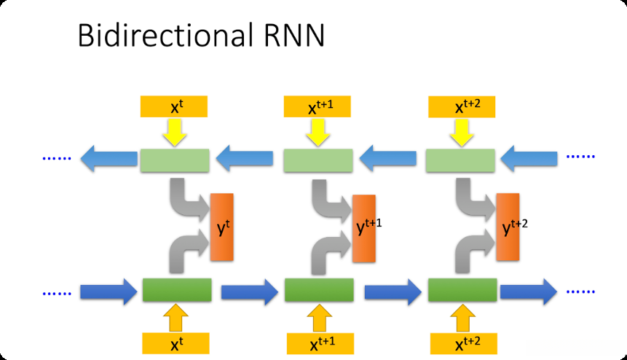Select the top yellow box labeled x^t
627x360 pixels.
point(174,106)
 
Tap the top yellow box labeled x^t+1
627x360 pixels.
point(318,107)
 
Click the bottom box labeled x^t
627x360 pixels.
point(176,343)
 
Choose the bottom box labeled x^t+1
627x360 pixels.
point(319,343)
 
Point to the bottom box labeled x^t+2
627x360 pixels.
point(462,343)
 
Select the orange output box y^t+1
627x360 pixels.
point(363,229)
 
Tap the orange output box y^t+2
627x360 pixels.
point(508,227)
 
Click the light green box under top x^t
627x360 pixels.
point(174,160)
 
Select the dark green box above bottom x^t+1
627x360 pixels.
point(319,290)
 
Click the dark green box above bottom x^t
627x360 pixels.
point(176,290)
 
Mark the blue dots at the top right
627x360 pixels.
point(580,157)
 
